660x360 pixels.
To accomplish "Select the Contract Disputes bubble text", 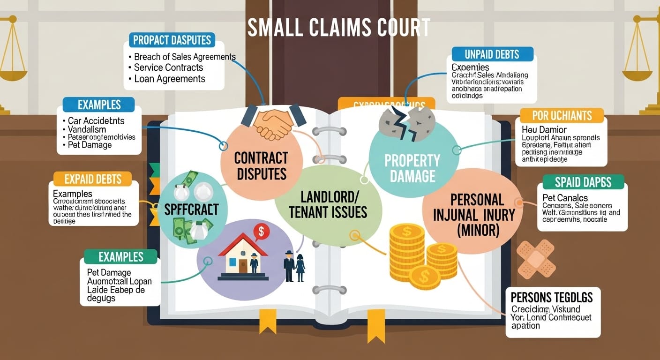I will [261, 165].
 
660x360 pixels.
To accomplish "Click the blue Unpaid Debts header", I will [492, 54].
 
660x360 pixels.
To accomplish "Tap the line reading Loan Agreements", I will [170, 79].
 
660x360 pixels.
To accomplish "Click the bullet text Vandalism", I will [87, 129].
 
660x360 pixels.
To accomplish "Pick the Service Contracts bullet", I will [169, 67].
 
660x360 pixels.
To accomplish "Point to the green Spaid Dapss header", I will [583, 182].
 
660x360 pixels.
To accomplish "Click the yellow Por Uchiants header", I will [562, 115].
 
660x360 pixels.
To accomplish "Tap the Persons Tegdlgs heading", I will [552, 297].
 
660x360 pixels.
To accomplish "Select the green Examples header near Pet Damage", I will [120, 256].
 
